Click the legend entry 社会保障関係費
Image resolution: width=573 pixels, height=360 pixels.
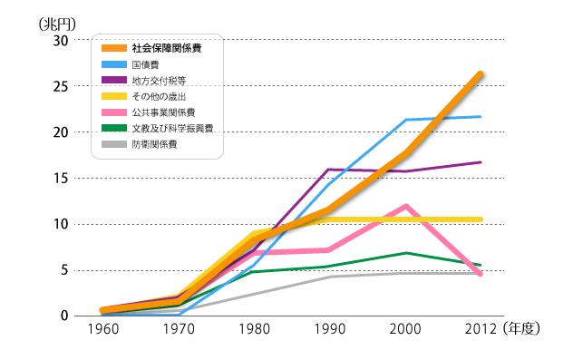tap(163, 48)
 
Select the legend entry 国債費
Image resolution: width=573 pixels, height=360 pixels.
tap(146, 65)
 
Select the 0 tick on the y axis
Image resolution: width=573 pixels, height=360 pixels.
tap(63, 316)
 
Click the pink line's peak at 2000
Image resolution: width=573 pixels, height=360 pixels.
tap(405, 206)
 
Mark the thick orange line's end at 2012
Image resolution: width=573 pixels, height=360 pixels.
tap(481, 73)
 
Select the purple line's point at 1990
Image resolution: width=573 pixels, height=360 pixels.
tap(328, 170)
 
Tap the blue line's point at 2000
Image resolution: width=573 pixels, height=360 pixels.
tap(405, 120)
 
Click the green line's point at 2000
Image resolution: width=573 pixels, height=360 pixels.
tap(405, 253)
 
